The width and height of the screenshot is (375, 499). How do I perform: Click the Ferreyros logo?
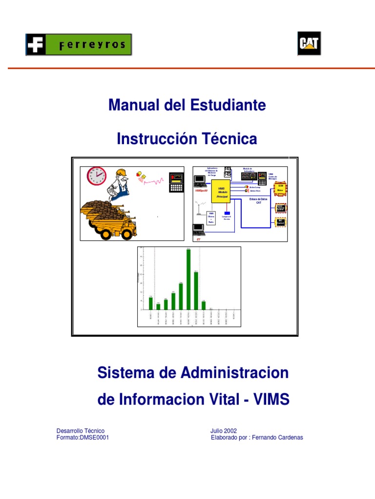(x=78, y=44)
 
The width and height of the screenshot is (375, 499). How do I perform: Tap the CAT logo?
(x=309, y=44)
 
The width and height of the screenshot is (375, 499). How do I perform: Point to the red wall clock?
(x=97, y=176)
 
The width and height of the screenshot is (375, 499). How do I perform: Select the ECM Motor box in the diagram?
(x=280, y=189)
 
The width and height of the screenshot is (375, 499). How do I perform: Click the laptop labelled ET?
(x=199, y=229)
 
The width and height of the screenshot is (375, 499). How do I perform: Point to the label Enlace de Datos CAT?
(x=259, y=200)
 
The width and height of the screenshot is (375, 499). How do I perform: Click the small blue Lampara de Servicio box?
(x=227, y=213)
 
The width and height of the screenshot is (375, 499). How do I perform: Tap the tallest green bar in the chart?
(x=188, y=279)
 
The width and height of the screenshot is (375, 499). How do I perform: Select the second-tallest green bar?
(x=196, y=290)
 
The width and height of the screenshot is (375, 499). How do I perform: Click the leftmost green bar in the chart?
(x=151, y=303)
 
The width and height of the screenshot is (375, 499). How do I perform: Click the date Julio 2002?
(x=224, y=431)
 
